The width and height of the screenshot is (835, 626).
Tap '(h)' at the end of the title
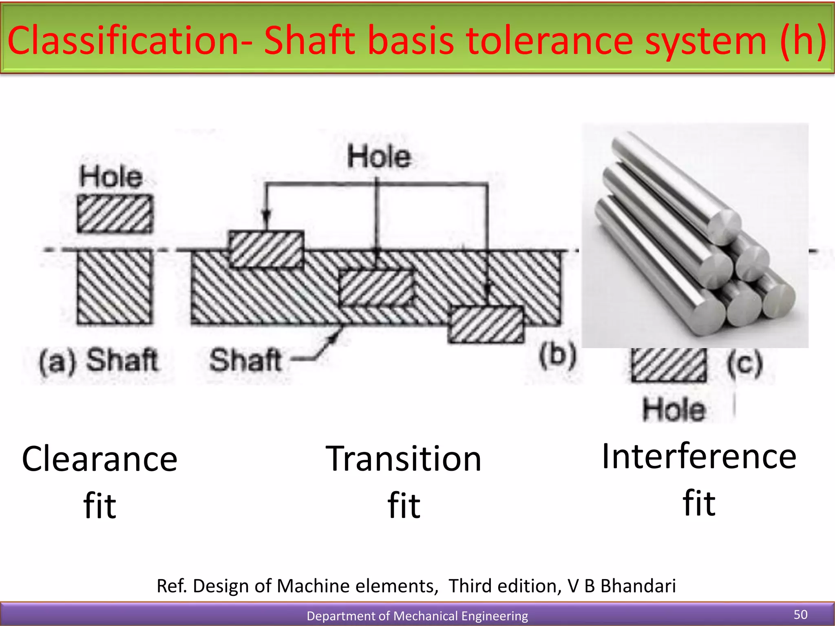pos(803,41)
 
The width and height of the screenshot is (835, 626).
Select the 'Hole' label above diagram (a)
pos(111,177)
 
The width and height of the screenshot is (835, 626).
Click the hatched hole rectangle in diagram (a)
pos(115,214)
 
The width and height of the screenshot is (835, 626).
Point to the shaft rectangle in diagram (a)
pos(115,287)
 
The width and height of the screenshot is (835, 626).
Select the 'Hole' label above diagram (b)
pos(379,157)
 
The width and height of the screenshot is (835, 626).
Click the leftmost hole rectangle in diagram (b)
pos(266,249)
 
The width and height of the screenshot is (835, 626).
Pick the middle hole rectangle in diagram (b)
pos(376,288)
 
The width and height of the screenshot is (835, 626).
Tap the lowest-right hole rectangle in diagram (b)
pos(486,325)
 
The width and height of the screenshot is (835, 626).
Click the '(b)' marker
pos(557,355)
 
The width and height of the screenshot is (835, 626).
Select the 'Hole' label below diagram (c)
pos(674,409)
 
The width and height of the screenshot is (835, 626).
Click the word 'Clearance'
pos(100,459)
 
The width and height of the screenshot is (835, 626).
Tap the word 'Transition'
pos(404,459)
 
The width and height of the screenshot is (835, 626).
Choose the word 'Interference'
pos(699,456)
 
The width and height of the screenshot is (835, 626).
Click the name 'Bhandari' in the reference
pos(638,586)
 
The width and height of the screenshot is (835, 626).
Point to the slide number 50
pos(800,615)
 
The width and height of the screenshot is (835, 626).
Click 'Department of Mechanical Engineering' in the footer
pos(417,616)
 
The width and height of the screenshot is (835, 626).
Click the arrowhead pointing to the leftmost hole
pos(266,216)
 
